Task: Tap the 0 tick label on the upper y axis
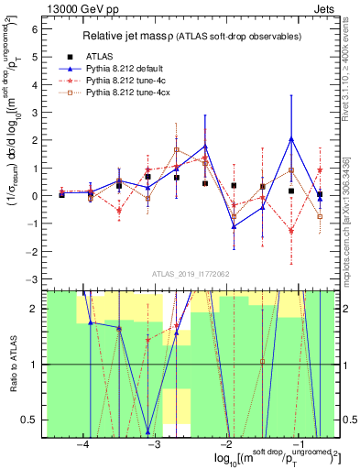click(36, 196)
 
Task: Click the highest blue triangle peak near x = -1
click(291, 138)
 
